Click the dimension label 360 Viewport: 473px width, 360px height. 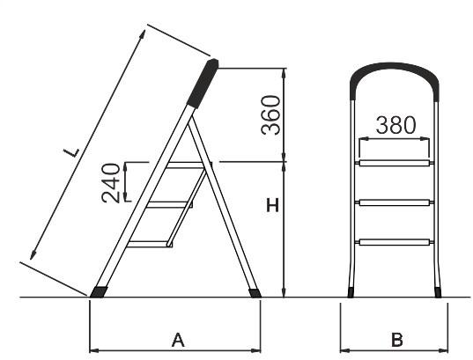pyautogui.click(x=271, y=115)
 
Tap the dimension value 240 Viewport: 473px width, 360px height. pyautogui.click(x=111, y=183)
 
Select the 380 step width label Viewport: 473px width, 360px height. pyautogui.click(x=395, y=125)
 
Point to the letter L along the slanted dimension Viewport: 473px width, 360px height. pyautogui.click(x=72, y=152)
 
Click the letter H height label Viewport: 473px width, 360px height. pyautogui.click(x=273, y=206)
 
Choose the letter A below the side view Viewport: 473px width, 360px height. pyautogui.click(x=178, y=340)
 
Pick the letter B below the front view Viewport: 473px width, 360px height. pyautogui.click(x=397, y=340)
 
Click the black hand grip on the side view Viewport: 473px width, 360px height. pyautogui.click(x=203, y=84)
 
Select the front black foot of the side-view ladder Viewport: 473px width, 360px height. pyautogui.click(x=99, y=292)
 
